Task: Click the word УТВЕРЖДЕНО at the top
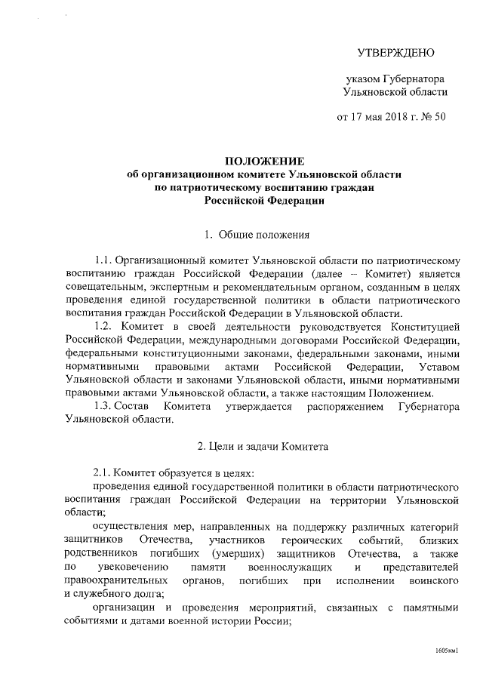(x=395, y=53)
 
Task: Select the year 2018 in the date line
(x=385, y=118)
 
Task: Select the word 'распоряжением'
(x=340, y=407)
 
